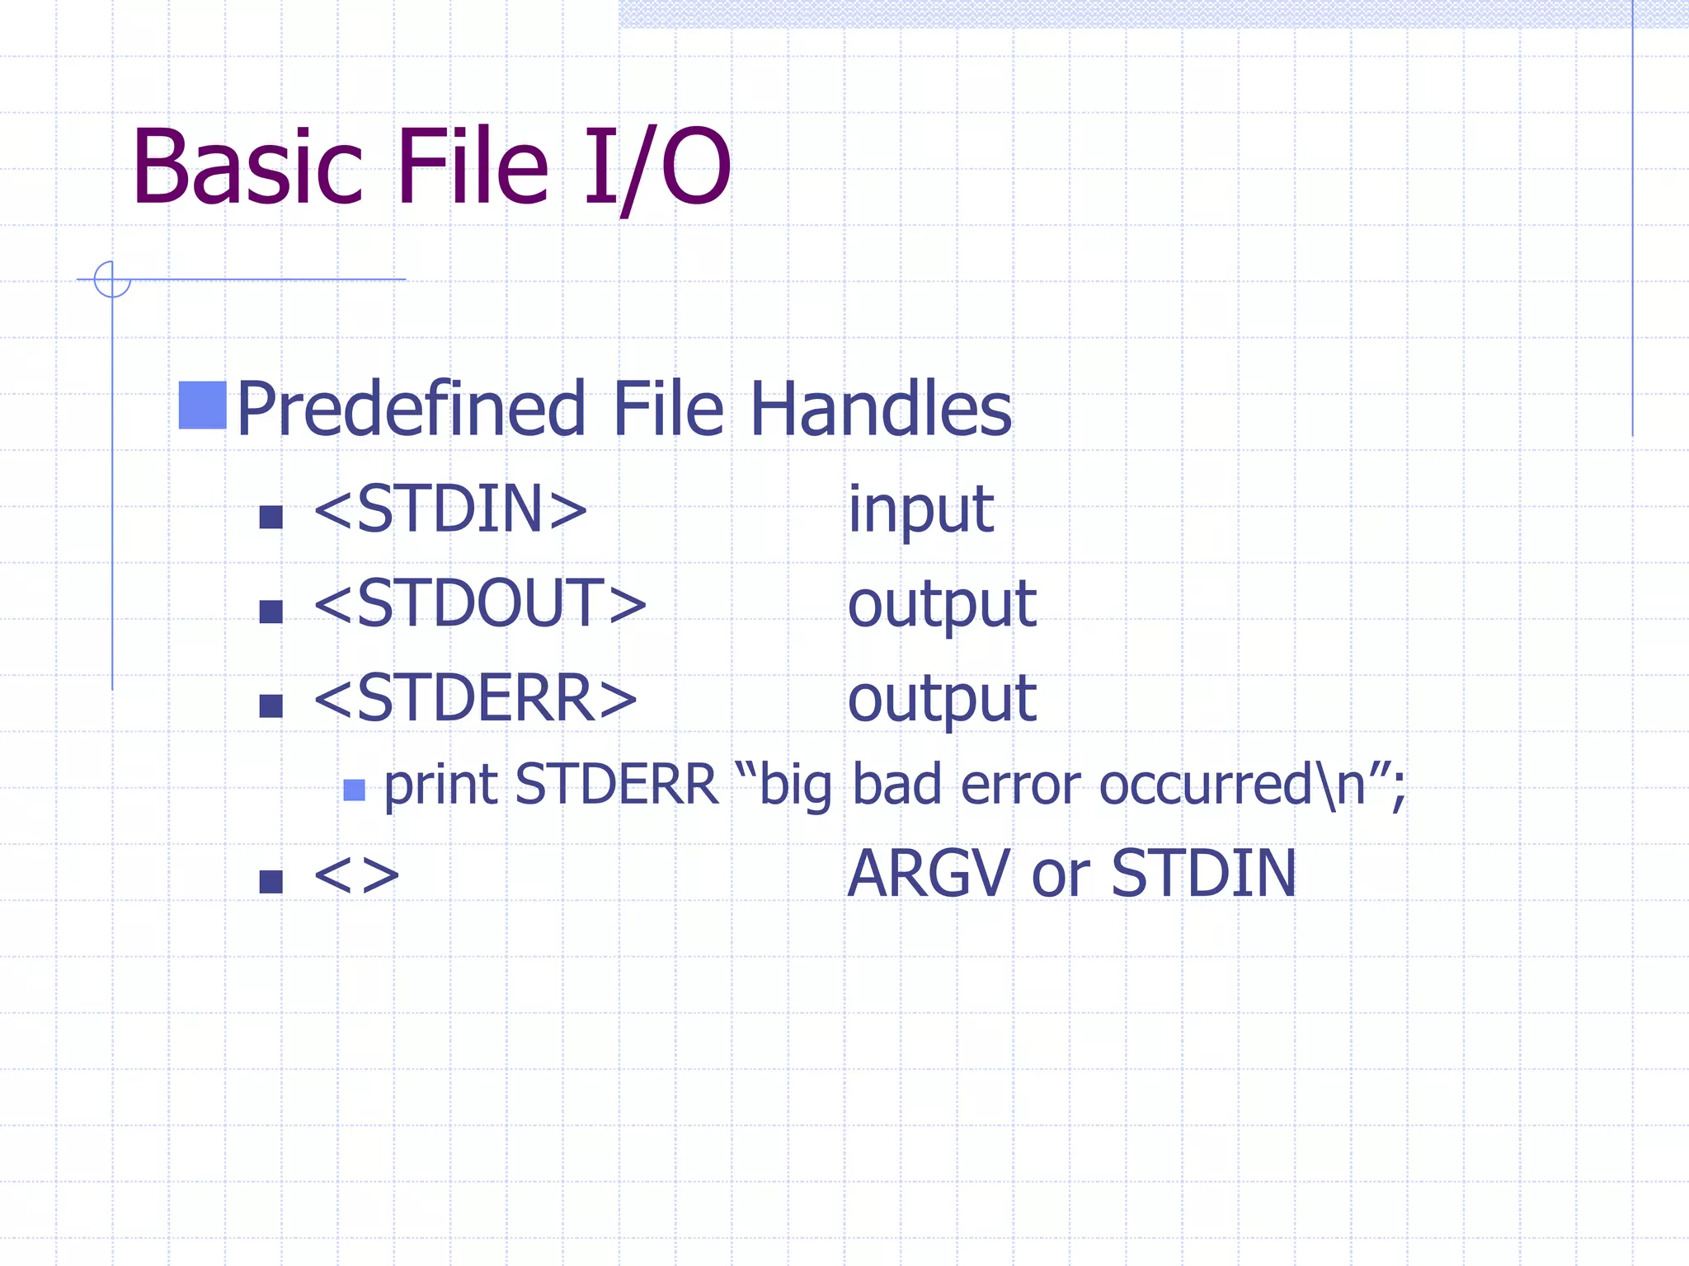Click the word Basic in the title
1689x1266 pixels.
click(247, 167)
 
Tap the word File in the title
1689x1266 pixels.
click(473, 167)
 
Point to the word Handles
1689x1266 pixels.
click(880, 409)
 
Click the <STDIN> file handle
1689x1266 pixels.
click(450, 509)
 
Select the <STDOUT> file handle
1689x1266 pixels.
click(480, 603)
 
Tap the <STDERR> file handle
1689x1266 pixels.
click(475, 698)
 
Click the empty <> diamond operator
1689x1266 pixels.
click(356, 875)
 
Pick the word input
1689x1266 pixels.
click(920, 511)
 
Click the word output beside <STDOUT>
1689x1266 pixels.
click(941, 606)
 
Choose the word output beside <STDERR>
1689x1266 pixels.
click(941, 701)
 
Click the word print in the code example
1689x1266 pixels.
click(441, 785)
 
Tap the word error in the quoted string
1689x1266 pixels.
click(1020, 785)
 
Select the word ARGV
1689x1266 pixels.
click(929, 874)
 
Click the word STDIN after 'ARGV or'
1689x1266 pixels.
click(1203, 874)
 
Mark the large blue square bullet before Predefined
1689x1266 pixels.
click(202, 406)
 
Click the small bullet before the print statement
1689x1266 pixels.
click(354, 790)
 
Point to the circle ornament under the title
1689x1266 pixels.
click(112, 279)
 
